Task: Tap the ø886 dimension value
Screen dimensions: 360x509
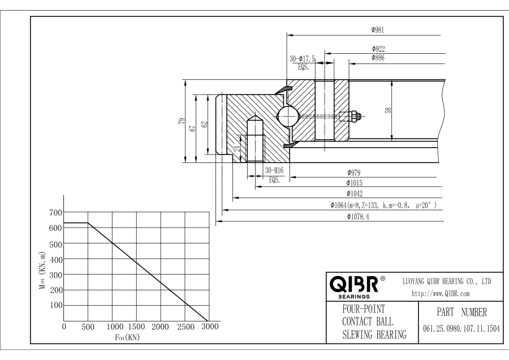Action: pyautogui.click(x=378, y=58)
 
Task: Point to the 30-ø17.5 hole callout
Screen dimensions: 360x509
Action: pyautogui.click(x=303, y=58)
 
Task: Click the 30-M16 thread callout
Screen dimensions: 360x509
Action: pyautogui.click(x=274, y=172)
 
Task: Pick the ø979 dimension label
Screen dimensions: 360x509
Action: pyautogui.click(x=354, y=173)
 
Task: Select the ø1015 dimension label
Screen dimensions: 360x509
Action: pyautogui.click(x=355, y=183)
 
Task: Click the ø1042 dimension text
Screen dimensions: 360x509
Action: pyautogui.click(x=355, y=194)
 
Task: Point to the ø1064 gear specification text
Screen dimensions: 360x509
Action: pyautogui.click(x=383, y=205)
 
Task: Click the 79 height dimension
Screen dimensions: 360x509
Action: pyautogui.click(x=181, y=120)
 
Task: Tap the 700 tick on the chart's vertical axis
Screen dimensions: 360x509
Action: pyautogui.click(x=55, y=213)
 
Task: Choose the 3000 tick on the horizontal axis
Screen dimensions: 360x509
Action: pyautogui.click(x=209, y=327)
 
